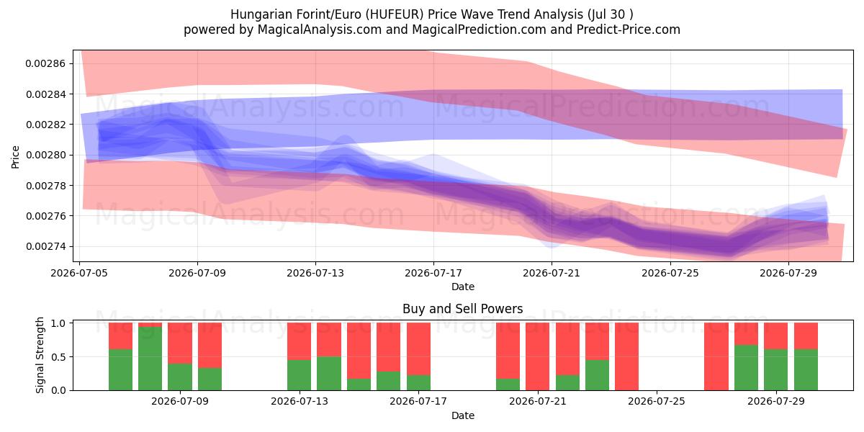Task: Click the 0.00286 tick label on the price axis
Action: tap(45, 63)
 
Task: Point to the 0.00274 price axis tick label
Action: tap(45, 246)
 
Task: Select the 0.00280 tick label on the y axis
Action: tap(45, 155)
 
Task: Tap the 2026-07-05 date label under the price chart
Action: tap(79, 273)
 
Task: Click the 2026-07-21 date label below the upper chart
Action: tap(552, 273)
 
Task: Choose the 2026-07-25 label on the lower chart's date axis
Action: tap(657, 401)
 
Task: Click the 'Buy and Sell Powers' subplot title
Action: tap(463, 309)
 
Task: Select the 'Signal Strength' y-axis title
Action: tap(40, 355)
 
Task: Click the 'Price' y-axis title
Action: tap(15, 157)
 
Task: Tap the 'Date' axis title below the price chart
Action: tap(463, 287)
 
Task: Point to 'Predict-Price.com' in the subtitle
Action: tap(629, 30)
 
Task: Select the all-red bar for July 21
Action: tap(537, 356)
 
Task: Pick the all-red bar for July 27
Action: tap(716, 356)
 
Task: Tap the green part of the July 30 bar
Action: tap(806, 370)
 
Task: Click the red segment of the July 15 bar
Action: tap(359, 351)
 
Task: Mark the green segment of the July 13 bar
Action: tap(299, 375)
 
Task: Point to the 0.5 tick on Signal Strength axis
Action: tap(58, 357)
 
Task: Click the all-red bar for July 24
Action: tap(627, 356)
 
